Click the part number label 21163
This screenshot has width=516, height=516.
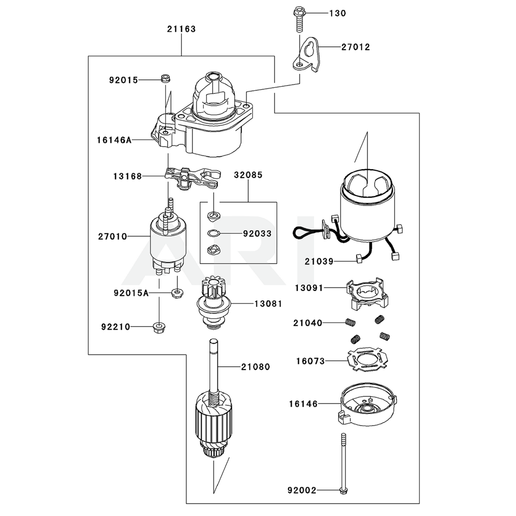pyautogui.click(x=181, y=29)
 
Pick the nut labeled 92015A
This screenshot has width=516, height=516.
pyautogui.click(x=176, y=293)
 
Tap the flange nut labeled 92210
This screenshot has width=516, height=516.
pyautogui.click(x=158, y=327)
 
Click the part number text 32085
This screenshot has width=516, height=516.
pyautogui.click(x=248, y=175)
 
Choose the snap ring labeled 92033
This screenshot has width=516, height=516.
pyautogui.click(x=214, y=233)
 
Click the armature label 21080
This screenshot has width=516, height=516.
pyautogui.click(x=255, y=367)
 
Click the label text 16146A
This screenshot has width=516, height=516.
pyautogui.click(x=114, y=139)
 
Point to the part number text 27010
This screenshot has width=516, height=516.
pyautogui.click(x=112, y=236)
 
